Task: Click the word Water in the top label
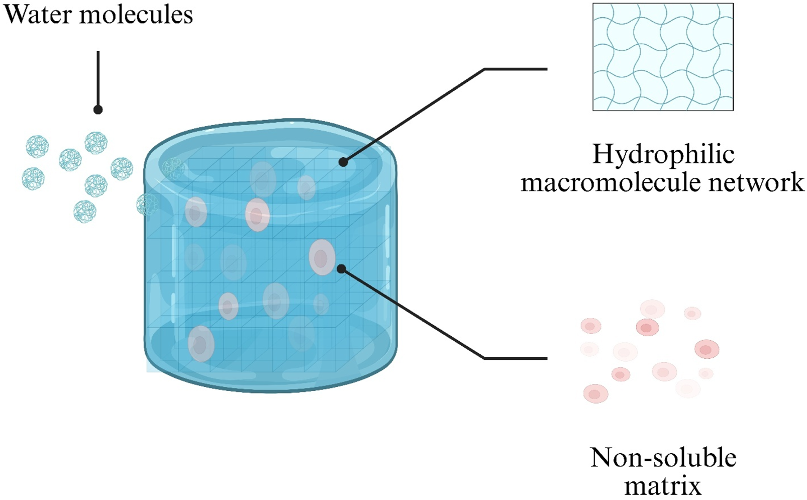[38, 15]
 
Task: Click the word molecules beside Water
[136, 15]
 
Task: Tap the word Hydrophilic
[663, 154]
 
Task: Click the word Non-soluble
[663, 458]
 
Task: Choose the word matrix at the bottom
[663, 486]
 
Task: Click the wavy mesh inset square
[663, 57]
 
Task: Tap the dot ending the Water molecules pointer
[98, 110]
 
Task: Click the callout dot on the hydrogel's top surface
[343, 162]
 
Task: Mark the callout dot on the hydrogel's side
[341, 269]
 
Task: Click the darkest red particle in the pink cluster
[647, 328]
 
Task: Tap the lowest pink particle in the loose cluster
[595, 393]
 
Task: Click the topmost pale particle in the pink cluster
[652, 309]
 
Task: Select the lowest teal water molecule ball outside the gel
[85, 212]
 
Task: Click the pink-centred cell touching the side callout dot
[322, 258]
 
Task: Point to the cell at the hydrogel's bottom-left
[201, 344]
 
